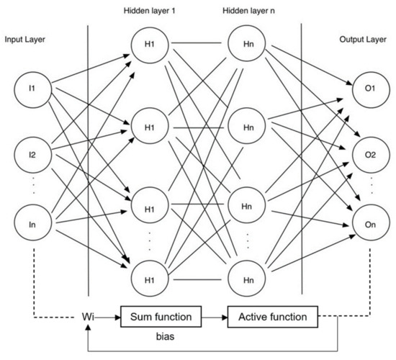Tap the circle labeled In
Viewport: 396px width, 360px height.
click(32, 225)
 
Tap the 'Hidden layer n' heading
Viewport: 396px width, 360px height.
click(248, 12)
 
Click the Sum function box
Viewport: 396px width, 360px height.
click(160, 315)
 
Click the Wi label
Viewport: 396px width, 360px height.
click(89, 315)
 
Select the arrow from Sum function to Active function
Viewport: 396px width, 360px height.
click(213, 315)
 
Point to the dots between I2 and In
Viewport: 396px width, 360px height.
click(32, 189)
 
